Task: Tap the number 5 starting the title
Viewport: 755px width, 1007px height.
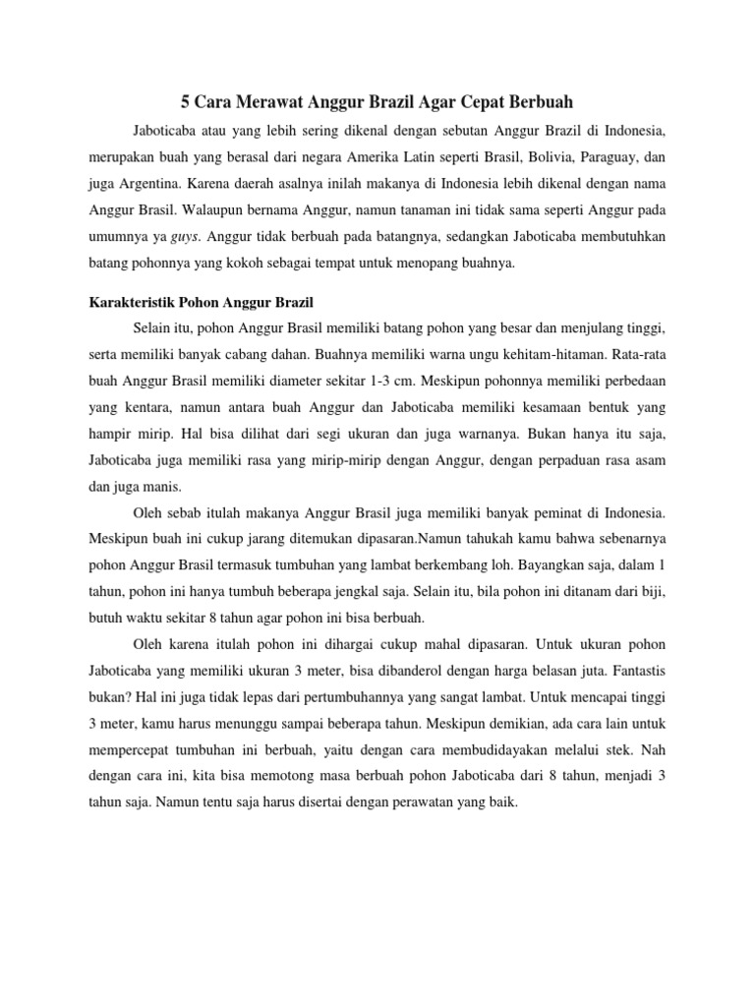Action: [x=186, y=101]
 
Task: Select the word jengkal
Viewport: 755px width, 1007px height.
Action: [x=317, y=592]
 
